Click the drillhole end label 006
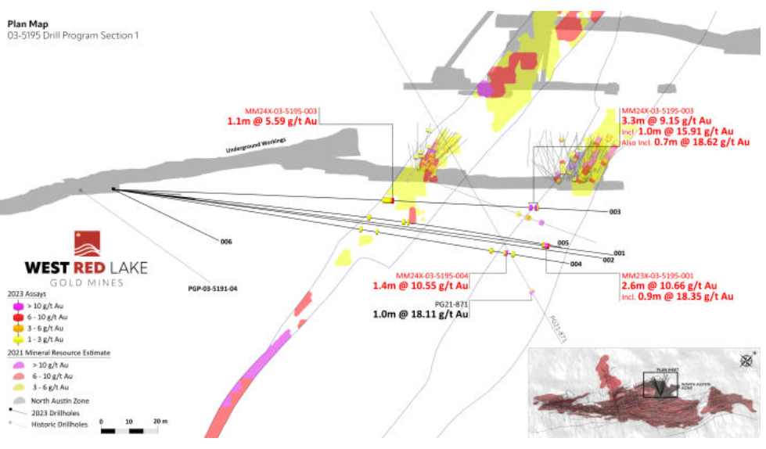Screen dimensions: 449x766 (x=226, y=242)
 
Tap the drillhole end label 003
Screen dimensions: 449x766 (x=614, y=212)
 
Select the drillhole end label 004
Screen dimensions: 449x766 (x=577, y=264)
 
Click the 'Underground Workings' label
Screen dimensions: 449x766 (x=256, y=145)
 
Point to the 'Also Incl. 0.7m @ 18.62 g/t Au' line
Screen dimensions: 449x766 (x=685, y=142)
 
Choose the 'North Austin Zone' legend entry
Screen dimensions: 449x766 (x=58, y=400)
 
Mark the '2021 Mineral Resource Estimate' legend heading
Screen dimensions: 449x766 (x=59, y=354)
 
